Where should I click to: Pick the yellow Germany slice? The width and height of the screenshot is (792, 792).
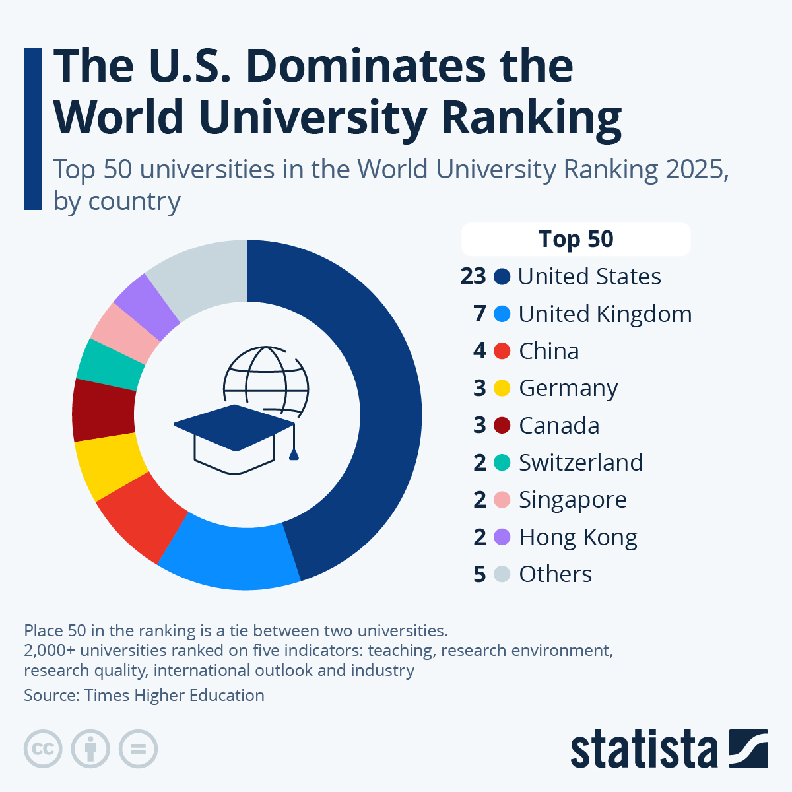110,465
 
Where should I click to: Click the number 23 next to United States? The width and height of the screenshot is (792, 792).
473,277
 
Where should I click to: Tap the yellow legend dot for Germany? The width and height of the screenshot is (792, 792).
502,388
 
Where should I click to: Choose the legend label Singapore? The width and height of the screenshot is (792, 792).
572,500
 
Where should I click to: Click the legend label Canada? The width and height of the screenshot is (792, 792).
559,426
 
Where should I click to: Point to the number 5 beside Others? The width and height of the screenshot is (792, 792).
480,574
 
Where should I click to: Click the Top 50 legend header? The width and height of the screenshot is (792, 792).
576,239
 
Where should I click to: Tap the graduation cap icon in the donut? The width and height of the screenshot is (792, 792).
234,436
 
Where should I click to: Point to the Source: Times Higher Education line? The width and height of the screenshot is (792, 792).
144,695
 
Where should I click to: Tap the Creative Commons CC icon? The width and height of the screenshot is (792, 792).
43,749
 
